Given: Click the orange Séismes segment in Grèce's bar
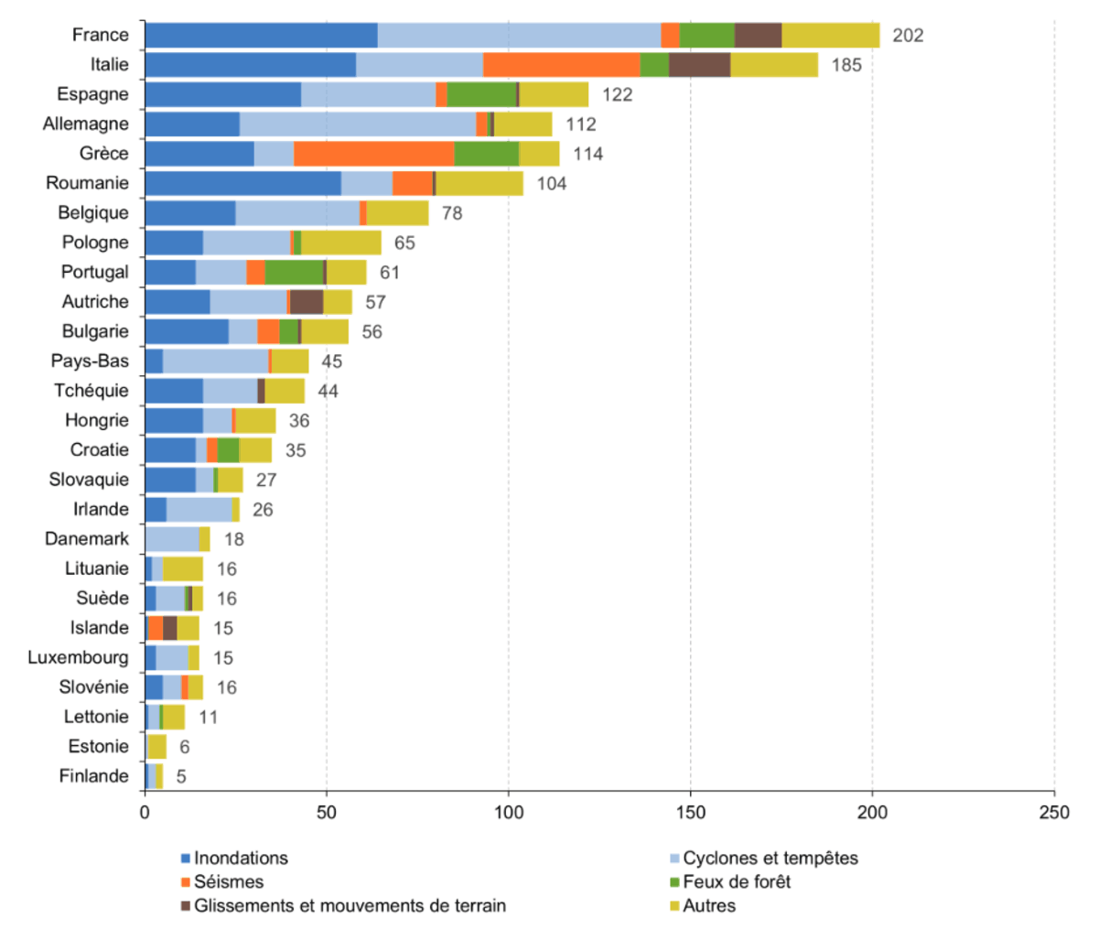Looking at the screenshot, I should tap(373, 154).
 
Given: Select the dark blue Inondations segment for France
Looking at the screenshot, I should tap(261, 35).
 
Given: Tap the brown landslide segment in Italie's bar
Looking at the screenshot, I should tap(699, 65).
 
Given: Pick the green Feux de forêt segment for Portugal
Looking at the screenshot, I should tap(294, 272).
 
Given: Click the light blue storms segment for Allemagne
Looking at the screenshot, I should tap(358, 124).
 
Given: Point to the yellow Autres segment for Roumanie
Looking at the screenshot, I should tap(479, 183).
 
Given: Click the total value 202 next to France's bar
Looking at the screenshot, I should tap(908, 36).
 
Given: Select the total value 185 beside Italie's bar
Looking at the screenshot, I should tap(846, 65).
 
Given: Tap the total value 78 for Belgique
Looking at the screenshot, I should tap(452, 213).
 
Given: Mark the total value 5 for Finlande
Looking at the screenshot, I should tap(181, 776).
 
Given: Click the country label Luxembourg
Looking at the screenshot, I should tap(78, 657).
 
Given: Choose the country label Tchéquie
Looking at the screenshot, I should tap(91, 391).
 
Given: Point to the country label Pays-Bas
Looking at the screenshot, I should tap(90, 361).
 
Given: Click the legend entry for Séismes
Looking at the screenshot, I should tap(228, 881).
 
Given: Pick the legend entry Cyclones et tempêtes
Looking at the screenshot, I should tap(770, 858).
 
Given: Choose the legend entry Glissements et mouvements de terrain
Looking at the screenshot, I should tap(349, 905).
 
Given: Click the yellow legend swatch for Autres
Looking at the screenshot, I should tap(675, 906).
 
